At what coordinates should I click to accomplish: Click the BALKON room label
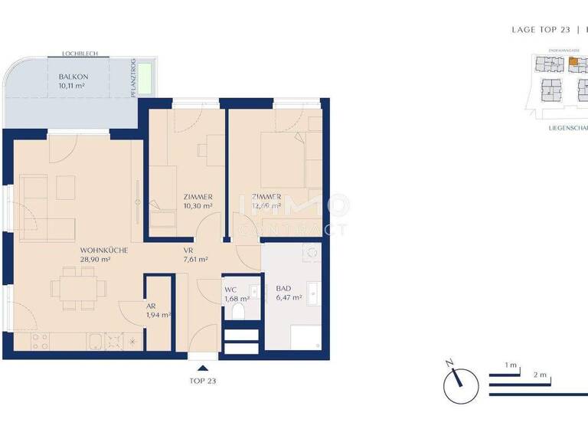click(73, 77)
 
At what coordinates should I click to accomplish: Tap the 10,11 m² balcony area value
click(73, 87)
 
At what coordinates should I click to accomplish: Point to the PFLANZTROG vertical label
click(133, 78)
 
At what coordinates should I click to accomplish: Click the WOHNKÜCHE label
click(103, 251)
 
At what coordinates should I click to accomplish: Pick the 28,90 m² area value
click(96, 260)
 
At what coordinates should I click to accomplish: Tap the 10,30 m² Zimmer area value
click(198, 206)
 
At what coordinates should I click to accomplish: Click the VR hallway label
click(188, 251)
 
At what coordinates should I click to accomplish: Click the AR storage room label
click(151, 306)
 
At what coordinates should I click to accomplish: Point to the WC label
click(230, 289)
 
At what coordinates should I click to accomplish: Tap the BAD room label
click(283, 288)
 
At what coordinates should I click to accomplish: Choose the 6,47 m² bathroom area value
click(289, 297)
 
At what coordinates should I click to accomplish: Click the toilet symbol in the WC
click(238, 311)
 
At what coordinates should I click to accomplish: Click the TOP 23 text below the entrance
click(203, 380)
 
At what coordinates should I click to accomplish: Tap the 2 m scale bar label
click(541, 375)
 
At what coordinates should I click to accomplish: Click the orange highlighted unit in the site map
click(572, 61)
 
